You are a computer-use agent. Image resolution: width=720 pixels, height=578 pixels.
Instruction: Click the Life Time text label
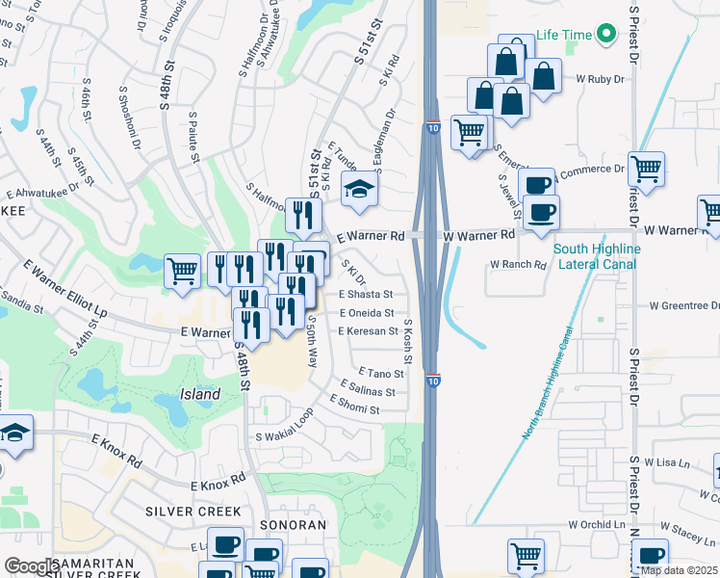click(x=564, y=35)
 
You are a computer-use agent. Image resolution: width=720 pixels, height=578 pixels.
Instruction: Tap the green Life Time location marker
click(x=606, y=36)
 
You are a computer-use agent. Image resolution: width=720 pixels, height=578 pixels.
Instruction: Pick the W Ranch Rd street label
click(x=518, y=264)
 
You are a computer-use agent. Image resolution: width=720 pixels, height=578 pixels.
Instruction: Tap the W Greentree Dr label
click(x=684, y=306)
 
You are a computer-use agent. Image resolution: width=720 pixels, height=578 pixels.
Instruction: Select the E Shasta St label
click(x=366, y=295)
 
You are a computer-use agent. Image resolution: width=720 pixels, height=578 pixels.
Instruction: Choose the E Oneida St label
click(x=366, y=313)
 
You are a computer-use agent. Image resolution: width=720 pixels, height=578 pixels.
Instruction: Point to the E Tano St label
click(x=380, y=373)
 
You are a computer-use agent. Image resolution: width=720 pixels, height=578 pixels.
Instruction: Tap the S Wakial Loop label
click(x=284, y=426)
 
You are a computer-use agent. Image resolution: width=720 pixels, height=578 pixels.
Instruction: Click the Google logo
click(x=29, y=566)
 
